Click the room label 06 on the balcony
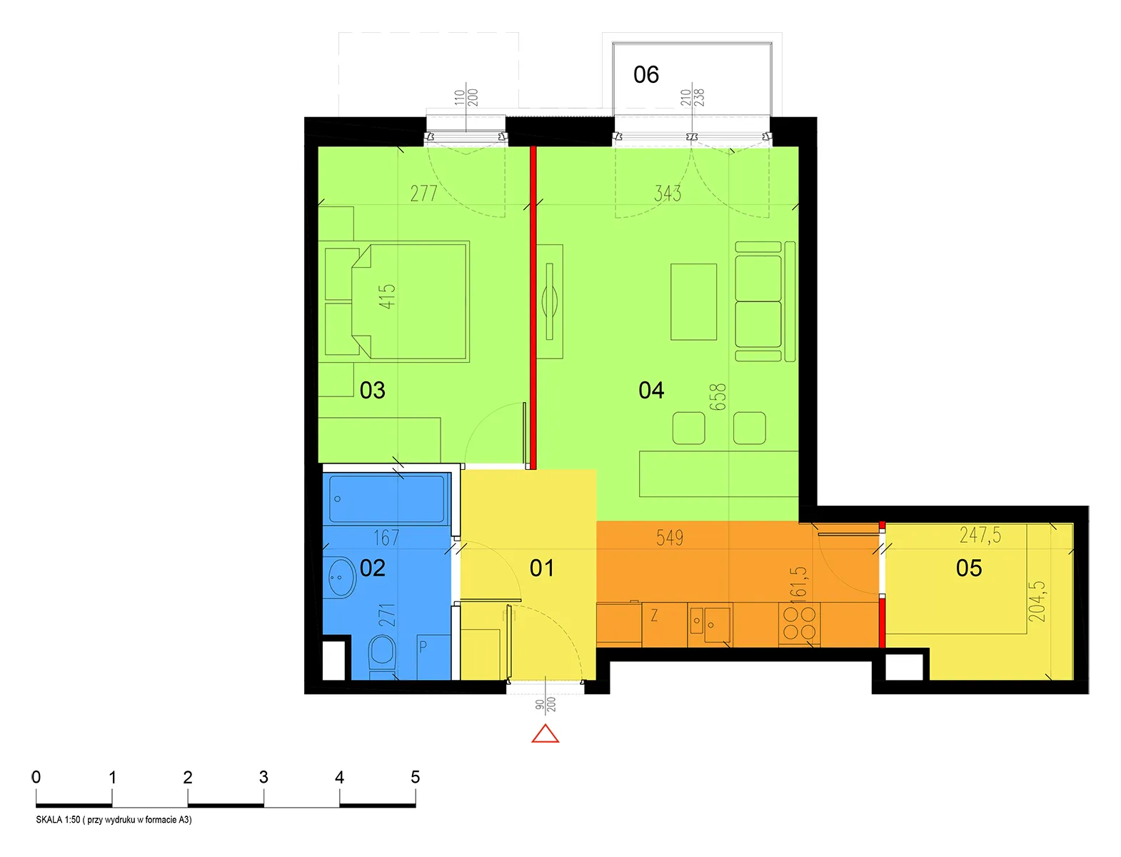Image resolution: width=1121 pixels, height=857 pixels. [645, 74]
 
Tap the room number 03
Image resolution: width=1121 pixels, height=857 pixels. [372, 390]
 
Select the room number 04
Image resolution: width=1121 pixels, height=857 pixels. [651, 390]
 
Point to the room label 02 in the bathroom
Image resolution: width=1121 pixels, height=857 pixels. [372, 568]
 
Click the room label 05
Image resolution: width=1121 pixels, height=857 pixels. [969, 568]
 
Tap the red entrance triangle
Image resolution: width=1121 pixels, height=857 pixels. [546, 733]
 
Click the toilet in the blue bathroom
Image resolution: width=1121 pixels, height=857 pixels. [382, 656]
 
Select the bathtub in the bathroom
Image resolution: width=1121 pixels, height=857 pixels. [386, 498]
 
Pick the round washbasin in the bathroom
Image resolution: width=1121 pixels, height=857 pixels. [340, 577]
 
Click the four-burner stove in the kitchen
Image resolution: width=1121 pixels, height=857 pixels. [799, 624]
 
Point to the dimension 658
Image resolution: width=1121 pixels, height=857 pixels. [718, 397]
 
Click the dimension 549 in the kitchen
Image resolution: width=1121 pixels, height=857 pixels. [670, 537]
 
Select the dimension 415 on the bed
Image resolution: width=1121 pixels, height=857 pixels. [387, 296]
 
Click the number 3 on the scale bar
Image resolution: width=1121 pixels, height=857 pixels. [263, 777]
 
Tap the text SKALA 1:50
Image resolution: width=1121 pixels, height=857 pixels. [59, 820]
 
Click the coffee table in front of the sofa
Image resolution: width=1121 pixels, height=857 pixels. [693, 302]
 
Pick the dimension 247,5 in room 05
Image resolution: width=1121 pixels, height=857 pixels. [980, 535]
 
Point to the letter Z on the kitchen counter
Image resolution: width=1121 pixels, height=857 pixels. [654, 616]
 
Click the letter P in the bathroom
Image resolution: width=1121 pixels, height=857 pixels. [423, 647]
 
